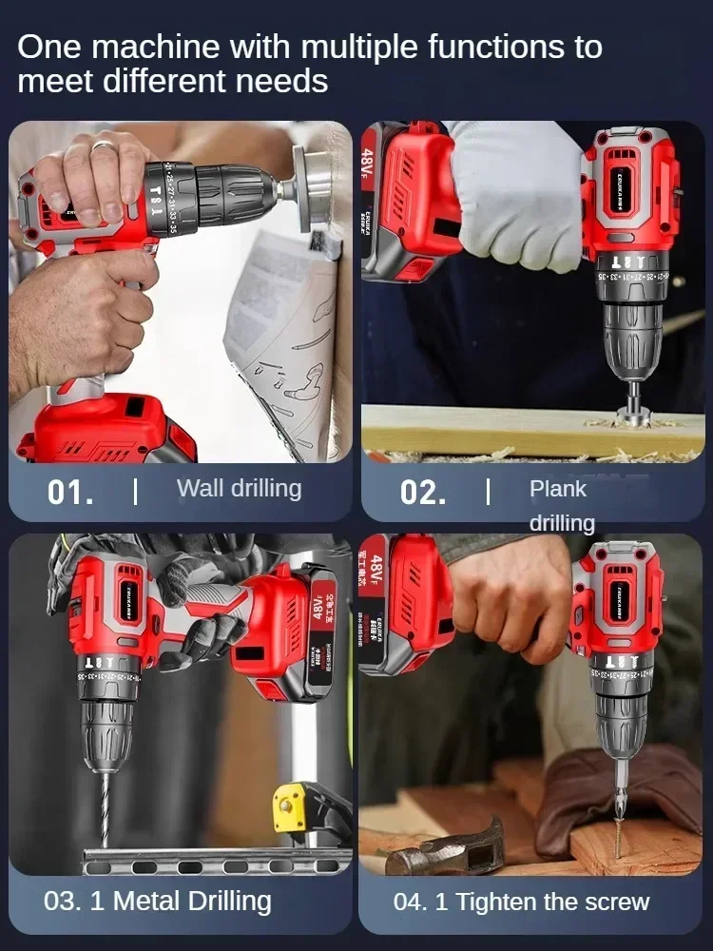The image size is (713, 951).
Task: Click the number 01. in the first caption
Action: coord(70,493)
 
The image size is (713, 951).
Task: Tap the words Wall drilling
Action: coord(239,489)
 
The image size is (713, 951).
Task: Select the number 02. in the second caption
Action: coord(423,493)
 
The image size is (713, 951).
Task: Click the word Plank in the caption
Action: coord(558,489)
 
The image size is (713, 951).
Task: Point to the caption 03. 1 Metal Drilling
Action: coord(158,902)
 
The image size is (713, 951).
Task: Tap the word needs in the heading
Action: coord(283,81)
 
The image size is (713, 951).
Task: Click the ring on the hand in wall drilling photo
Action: coord(104,146)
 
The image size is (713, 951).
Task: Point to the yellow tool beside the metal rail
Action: coord(291,805)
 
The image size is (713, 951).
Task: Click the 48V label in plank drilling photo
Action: coord(370,162)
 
